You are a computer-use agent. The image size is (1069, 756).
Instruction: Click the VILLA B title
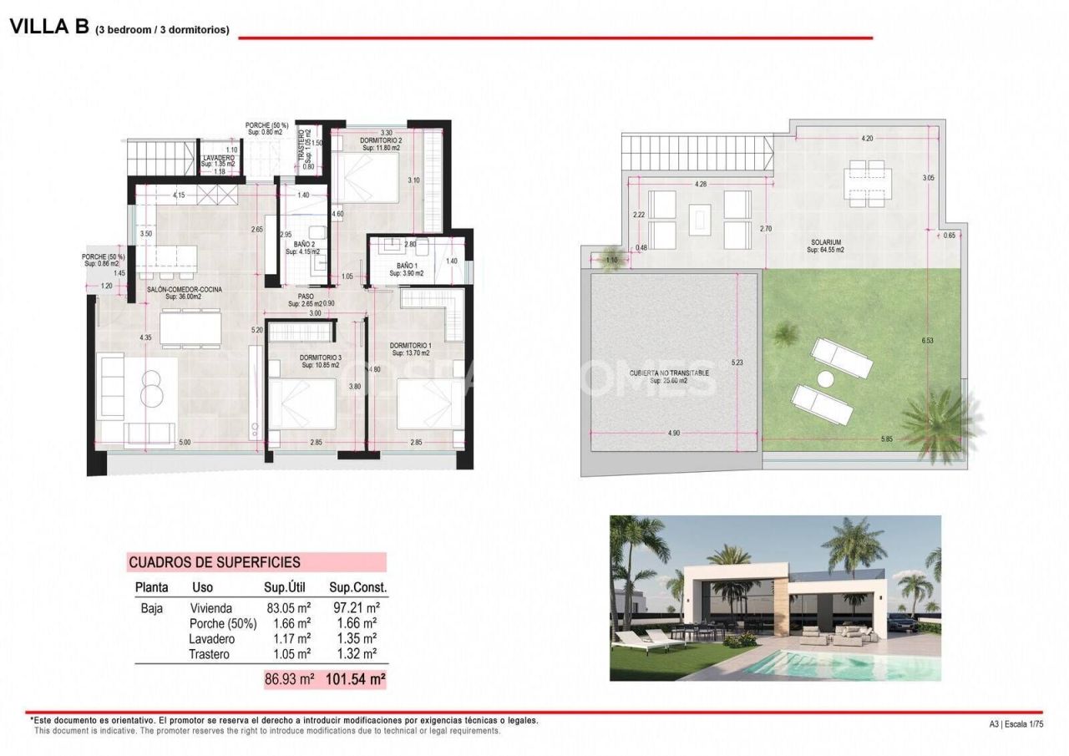pyautogui.click(x=48, y=27)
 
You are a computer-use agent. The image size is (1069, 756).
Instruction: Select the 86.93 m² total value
pyautogui.click(x=289, y=680)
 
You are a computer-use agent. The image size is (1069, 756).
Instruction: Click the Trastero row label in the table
pyautogui.click(x=209, y=654)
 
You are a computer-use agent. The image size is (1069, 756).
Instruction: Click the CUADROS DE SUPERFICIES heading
pyautogui.click(x=215, y=563)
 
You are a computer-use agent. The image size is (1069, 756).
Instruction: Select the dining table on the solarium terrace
pyautogui.click(x=864, y=183)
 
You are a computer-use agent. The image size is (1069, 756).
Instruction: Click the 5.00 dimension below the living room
pyautogui.click(x=185, y=442)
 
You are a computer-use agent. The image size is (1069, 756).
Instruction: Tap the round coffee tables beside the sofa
pyautogui.click(x=151, y=389)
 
